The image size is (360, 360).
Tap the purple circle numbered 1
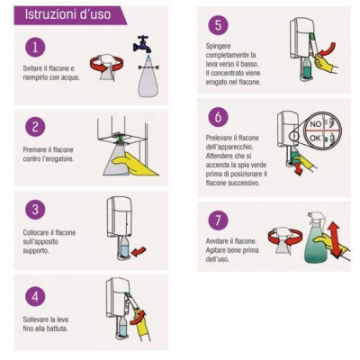pos(32,47)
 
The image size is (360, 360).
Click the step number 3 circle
pos(32,210)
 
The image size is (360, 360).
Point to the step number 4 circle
pos(32,295)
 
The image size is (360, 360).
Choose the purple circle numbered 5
pos(217,25)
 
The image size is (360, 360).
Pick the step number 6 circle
pos(217,116)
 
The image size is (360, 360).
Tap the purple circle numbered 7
pos(217,219)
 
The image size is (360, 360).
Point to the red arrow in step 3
pos(138,254)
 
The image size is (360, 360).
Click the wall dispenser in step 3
pos(120,220)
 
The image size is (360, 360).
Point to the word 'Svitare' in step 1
pos(35,68)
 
